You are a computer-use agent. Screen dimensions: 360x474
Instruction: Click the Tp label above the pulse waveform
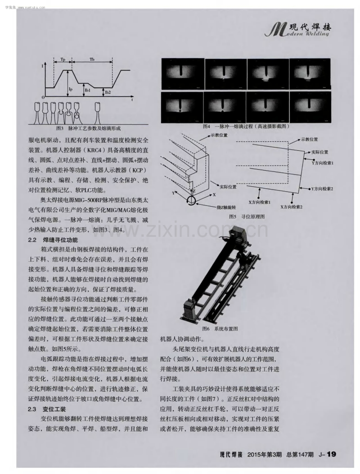pos(63,59)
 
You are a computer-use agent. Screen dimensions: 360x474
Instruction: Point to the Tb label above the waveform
pos(92,59)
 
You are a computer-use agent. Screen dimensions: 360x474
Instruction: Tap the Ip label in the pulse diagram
pos(71,89)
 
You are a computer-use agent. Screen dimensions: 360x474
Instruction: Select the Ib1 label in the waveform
pos(88,90)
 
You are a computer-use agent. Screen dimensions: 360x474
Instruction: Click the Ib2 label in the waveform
pos(108,92)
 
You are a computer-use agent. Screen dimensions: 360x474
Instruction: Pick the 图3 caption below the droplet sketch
pos(88,128)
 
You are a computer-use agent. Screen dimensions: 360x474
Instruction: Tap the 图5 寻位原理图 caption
pos(247,217)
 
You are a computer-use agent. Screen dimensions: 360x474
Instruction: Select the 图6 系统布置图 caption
pos(220,329)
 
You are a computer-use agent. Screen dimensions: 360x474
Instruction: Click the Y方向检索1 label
pos(322,163)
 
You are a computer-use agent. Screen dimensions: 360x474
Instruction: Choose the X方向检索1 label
pos(259,202)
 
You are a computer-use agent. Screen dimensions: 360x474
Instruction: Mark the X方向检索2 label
pos(292,207)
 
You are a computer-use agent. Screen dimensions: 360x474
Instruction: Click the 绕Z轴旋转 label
pos(226,208)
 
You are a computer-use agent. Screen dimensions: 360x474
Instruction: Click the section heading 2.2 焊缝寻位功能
pos(53,240)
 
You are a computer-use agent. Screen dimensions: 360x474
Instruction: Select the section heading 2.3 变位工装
pos(47,409)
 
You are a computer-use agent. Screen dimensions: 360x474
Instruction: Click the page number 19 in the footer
pos(331,454)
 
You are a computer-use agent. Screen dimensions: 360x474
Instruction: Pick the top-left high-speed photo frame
pos(182,74)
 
